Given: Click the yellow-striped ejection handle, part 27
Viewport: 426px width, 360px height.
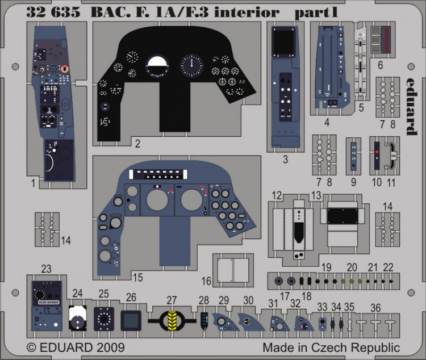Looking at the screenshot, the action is [x=172, y=321].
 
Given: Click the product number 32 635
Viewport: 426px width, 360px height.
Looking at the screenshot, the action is [x=53, y=12].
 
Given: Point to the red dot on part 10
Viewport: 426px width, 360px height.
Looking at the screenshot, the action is [x=377, y=152].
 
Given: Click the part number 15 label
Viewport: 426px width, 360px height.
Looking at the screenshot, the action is [x=138, y=278].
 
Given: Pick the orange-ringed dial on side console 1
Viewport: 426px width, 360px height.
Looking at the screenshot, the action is [x=64, y=69].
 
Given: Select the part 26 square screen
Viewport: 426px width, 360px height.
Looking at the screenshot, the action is [x=131, y=321].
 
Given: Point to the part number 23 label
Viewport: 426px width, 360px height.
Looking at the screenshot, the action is [x=46, y=269].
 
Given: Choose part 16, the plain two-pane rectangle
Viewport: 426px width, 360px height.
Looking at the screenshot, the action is [x=233, y=270].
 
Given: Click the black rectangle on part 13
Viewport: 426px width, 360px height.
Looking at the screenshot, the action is [x=343, y=216].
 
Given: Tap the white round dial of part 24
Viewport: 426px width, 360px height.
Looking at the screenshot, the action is [x=78, y=317].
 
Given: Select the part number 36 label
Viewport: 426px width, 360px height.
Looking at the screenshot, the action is [x=375, y=308].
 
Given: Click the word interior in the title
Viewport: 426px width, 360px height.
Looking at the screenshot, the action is [x=247, y=12].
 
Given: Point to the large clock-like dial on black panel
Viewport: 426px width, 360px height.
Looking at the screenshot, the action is [x=191, y=65].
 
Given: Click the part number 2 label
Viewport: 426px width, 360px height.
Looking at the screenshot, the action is [x=138, y=144].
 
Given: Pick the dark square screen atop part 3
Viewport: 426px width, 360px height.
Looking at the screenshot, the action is [x=284, y=41].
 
